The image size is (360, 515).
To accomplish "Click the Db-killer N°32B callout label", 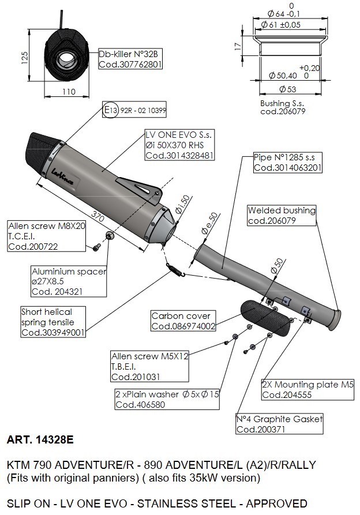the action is coord(130,59).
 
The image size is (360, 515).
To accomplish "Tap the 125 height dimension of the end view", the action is coord(25,57).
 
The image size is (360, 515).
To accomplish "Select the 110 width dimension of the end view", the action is coord(69,92).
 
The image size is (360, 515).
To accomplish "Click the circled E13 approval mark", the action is coord(110,110).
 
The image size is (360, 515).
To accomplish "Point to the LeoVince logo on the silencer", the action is coord(62,176).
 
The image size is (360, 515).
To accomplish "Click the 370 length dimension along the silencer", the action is coord(97,217).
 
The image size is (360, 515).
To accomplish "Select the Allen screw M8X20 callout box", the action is coord(46,236).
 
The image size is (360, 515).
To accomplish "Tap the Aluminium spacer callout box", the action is coord(69,281).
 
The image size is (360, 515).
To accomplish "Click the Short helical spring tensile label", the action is coord(53,322).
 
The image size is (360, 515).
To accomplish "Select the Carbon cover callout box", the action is coord(183,321).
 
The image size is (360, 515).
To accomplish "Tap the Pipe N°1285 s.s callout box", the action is coord(288,162).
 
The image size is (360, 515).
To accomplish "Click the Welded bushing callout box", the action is coord(282,215).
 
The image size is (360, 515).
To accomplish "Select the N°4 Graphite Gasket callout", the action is coord(280,424).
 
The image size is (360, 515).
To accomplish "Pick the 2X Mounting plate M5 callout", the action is coord(307,389).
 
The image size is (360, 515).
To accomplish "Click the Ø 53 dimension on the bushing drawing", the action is coord(287,89).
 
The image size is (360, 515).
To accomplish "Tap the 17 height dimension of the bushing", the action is coord(238,46).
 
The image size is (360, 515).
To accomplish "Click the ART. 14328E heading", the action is coord(40,439).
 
